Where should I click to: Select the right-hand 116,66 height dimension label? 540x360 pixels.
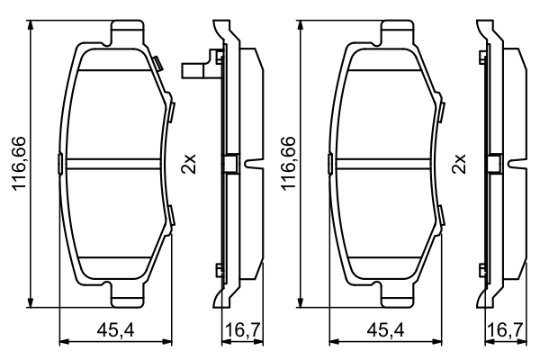coord(289,165)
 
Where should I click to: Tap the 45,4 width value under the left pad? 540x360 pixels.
coord(115,331)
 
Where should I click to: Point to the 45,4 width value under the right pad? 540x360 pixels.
coord(385,331)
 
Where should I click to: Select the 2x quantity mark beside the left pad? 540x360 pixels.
coord(188,164)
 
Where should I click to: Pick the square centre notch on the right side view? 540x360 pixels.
coord(494,164)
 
